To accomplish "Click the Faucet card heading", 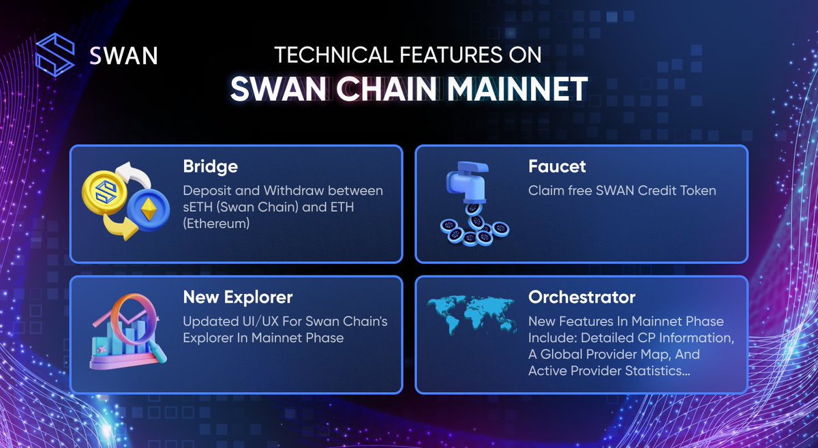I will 557,167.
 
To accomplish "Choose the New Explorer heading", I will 237,297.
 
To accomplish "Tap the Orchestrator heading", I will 581,297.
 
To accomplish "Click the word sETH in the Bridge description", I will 198,207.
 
